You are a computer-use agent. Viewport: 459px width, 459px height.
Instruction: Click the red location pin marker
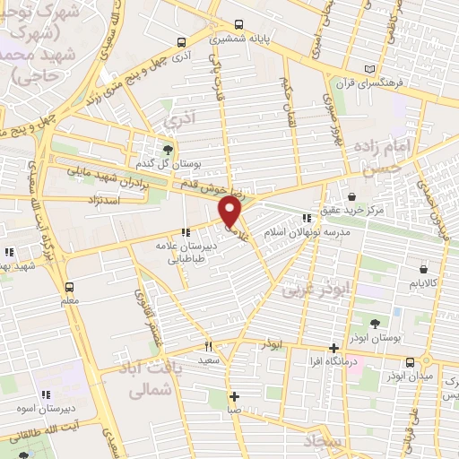pyautogui.click(x=230, y=212)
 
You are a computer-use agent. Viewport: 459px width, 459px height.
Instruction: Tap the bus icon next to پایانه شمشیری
pyautogui.click(x=238, y=25)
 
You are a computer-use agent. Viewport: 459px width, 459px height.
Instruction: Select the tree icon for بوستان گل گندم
pyautogui.click(x=167, y=148)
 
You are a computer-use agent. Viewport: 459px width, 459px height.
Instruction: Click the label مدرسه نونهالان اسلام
pyautogui.click(x=312, y=231)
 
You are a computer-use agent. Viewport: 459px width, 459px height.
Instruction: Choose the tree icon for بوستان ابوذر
pyautogui.click(x=375, y=323)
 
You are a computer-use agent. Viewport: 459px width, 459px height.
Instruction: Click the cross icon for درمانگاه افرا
pyautogui.click(x=333, y=348)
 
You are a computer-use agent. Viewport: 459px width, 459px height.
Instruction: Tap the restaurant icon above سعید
pyautogui.click(x=209, y=346)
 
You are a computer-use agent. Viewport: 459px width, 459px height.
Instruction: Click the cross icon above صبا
pyautogui.click(x=233, y=396)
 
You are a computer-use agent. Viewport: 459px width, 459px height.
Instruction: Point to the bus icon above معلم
pyautogui.click(x=69, y=287)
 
